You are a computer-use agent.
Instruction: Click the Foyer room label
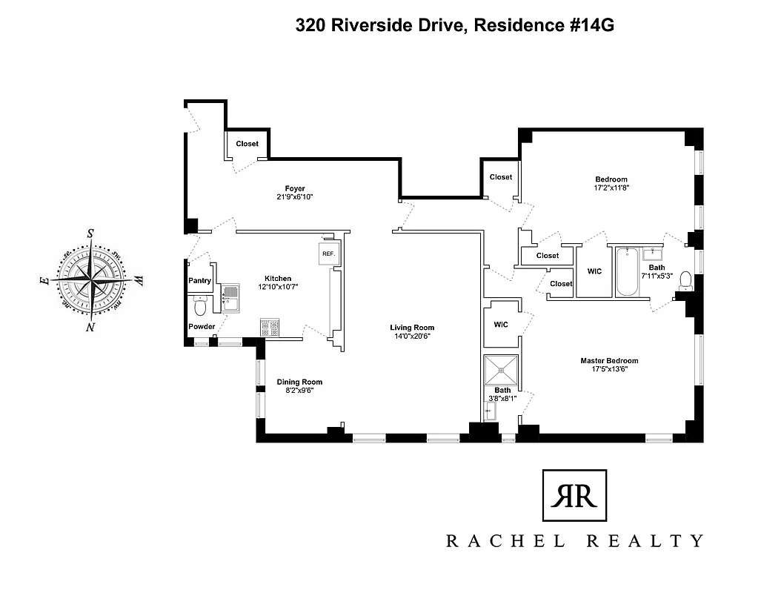pos(296,188)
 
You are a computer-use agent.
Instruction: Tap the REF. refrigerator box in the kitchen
pos(328,254)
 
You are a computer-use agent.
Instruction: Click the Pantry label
pos(200,281)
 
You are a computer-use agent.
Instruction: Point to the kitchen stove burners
pos(268,328)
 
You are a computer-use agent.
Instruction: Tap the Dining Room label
pos(300,382)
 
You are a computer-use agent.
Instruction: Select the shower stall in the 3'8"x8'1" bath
pos(502,368)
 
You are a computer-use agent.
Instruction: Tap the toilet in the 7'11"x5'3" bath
pos(685,280)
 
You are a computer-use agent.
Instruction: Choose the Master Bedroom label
pos(609,361)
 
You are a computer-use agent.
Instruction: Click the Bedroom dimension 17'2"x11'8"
pos(611,188)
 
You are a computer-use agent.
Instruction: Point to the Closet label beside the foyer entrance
pos(247,144)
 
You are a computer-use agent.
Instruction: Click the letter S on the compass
pos(90,233)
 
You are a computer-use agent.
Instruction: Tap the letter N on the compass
pos(90,327)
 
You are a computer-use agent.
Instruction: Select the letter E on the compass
pos(44,281)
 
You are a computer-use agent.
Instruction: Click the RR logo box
pos(574,496)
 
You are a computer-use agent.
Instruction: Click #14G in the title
pos(590,26)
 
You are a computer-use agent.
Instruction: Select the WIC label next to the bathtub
pos(594,271)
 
